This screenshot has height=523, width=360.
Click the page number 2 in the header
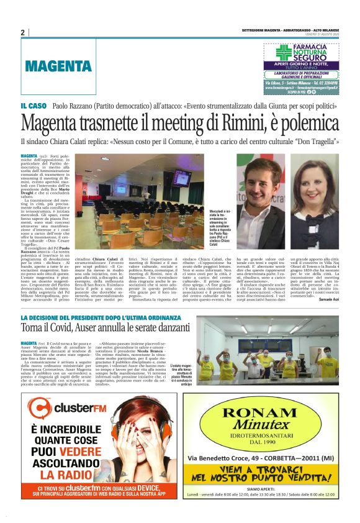[22, 32]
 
